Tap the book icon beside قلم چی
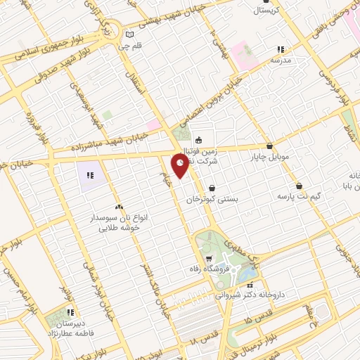coord(128,34)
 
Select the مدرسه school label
coord(281,60)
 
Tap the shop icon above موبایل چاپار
coord(269,146)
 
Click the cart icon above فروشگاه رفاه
coord(208,258)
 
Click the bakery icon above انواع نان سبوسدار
coord(118,207)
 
